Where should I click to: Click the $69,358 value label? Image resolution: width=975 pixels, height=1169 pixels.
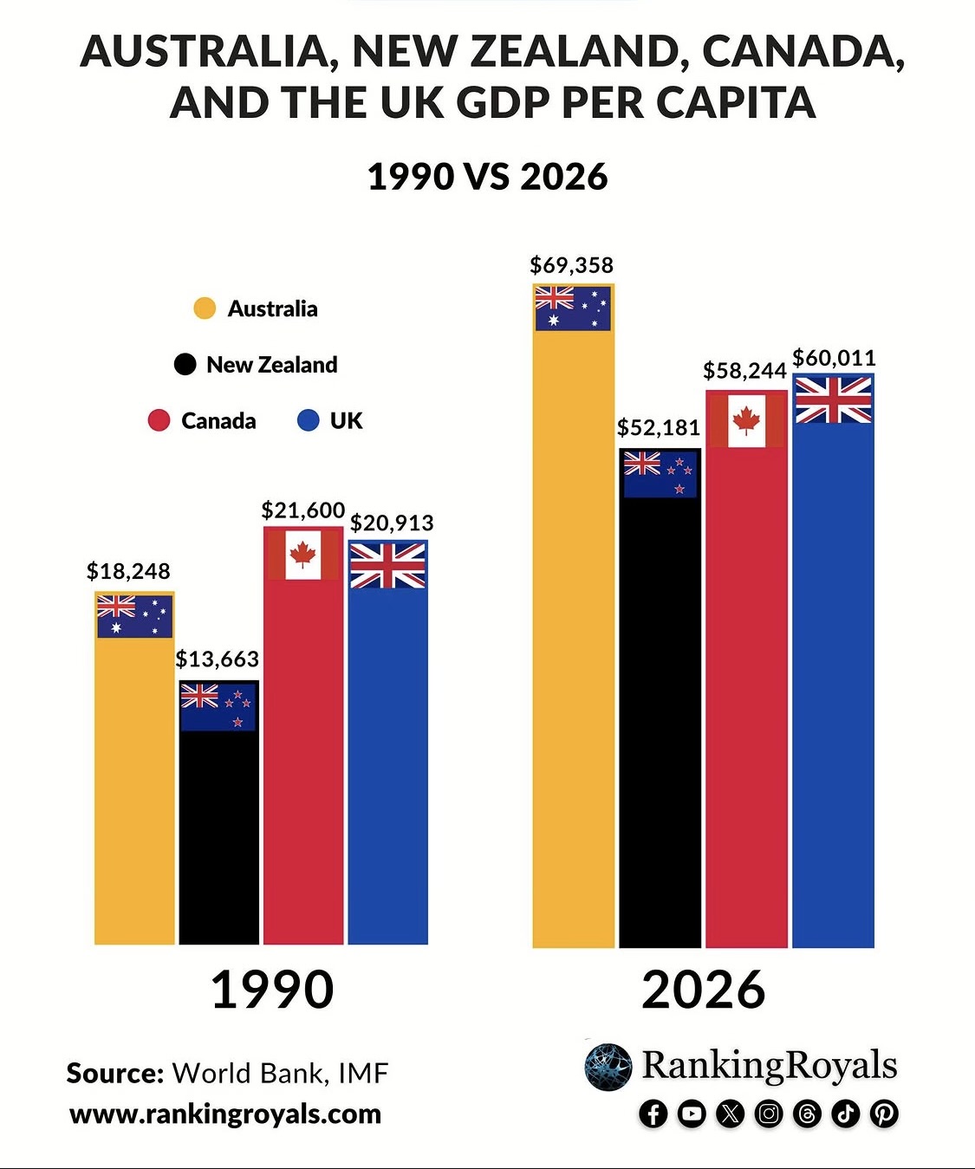571,265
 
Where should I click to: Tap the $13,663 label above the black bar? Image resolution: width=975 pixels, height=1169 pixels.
217,659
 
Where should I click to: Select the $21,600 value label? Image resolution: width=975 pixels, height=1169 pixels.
303,510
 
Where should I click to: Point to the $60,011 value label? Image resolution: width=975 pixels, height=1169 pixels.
834,358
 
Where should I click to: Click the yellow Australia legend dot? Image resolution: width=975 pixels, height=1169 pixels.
205,308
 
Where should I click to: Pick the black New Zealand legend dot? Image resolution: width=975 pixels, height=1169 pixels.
185,365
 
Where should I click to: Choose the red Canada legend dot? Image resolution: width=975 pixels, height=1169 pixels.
159,421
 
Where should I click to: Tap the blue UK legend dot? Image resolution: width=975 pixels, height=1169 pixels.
308,421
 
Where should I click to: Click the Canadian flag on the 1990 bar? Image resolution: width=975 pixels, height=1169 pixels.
302,554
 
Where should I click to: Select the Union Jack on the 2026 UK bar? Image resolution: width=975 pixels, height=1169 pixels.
833,400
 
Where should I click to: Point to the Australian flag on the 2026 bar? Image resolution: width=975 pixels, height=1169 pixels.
572,308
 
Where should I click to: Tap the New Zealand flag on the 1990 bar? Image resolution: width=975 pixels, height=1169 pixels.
218,706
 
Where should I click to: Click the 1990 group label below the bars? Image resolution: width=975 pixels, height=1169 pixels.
272,990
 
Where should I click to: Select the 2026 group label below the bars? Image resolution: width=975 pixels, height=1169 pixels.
703,990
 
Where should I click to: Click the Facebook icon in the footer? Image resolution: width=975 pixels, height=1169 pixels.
653,1114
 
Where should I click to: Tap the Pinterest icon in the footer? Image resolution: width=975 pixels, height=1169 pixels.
884,1114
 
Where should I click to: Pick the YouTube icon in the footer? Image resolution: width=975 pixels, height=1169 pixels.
692,1114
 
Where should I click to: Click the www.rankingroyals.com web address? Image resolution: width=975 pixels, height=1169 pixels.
225,1114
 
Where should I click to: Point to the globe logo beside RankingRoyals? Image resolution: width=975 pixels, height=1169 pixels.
608,1067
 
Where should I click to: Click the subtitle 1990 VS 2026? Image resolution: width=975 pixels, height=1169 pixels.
487,177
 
